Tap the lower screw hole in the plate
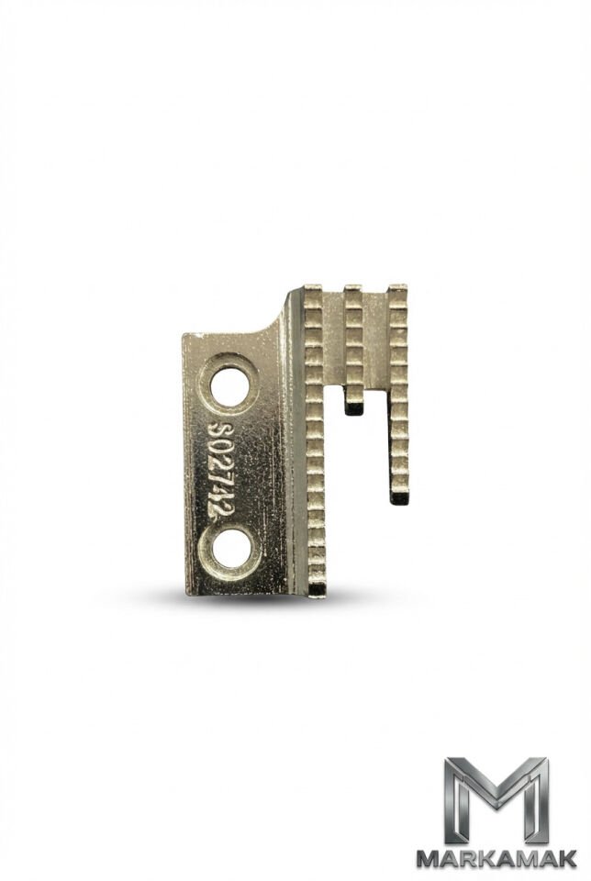click(231, 549)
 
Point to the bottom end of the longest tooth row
click(317, 589)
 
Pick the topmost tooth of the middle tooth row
click(353, 292)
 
